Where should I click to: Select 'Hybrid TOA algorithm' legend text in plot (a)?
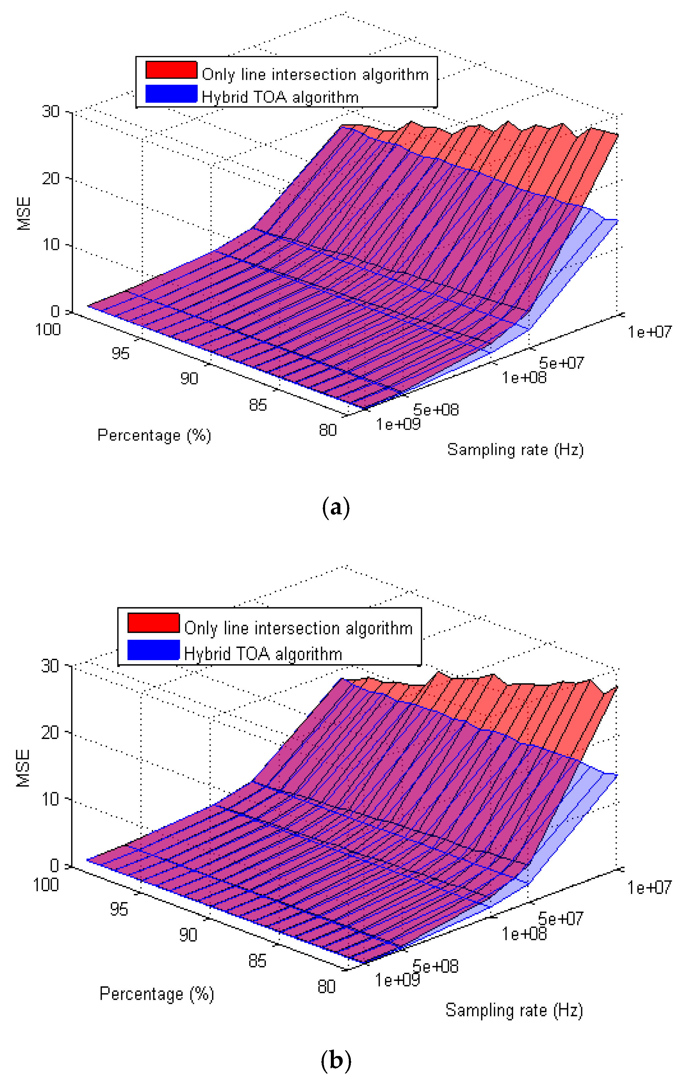[280, 97]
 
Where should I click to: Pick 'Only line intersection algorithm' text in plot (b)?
[298, 628]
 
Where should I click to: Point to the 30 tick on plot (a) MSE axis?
[51, 111]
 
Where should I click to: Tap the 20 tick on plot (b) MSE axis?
[50, 733]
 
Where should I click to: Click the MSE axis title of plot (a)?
[24, 214]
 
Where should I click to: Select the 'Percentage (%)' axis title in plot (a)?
[154, 435]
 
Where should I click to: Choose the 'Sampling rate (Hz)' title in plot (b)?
[514, 1010]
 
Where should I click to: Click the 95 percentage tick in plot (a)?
[121, 354]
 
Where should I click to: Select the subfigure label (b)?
[336, 1060]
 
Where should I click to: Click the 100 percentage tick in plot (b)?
[46, 884]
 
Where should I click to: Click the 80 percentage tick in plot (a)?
[328, 430]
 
